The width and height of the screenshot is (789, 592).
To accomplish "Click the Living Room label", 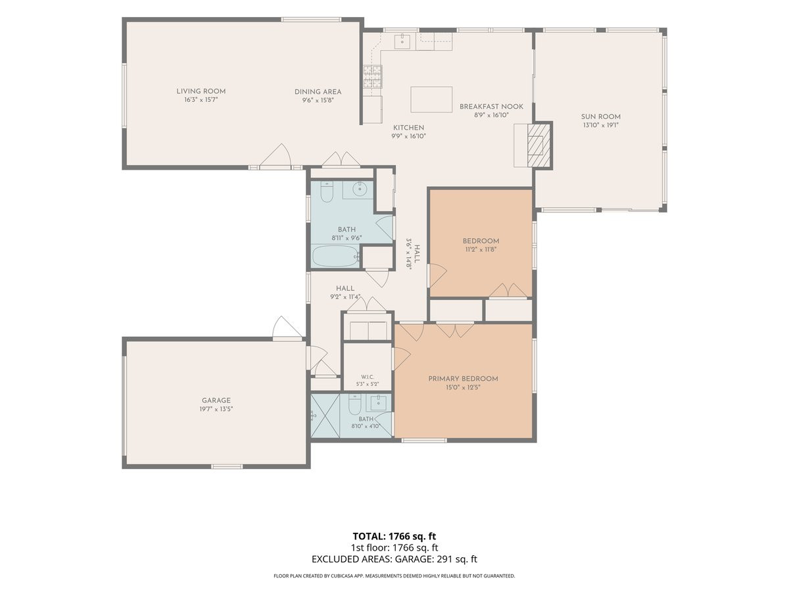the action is [201, 91].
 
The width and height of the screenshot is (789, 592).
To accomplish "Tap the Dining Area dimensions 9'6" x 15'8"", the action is [318, 100].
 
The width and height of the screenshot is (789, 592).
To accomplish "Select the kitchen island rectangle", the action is [431, 99].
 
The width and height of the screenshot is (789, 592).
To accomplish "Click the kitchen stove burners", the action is [372, 76].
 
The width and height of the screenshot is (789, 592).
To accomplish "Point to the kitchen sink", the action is [402, 41].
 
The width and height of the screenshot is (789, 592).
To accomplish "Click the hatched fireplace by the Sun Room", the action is [538, 145].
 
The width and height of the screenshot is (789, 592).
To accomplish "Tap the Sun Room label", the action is [601, 117].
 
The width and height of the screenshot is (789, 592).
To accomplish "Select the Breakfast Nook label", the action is [491, 107].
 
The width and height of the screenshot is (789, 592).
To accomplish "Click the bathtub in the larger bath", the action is [335, 257].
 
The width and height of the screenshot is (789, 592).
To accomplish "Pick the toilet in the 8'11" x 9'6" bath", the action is [327, 191].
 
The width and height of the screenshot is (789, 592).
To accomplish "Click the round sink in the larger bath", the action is [359, 189].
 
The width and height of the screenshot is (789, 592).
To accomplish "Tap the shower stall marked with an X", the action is [325, 416].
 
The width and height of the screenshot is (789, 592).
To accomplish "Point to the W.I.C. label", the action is [368, 377].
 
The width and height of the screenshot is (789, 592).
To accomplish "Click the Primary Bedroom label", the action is [463, 379].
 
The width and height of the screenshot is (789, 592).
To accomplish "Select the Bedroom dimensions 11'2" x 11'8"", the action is [481, 249].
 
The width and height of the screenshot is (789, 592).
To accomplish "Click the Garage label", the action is [216, 401].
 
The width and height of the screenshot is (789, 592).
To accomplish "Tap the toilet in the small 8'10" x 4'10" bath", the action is [354, 405].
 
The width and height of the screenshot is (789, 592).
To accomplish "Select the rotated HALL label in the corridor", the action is [417, 254].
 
